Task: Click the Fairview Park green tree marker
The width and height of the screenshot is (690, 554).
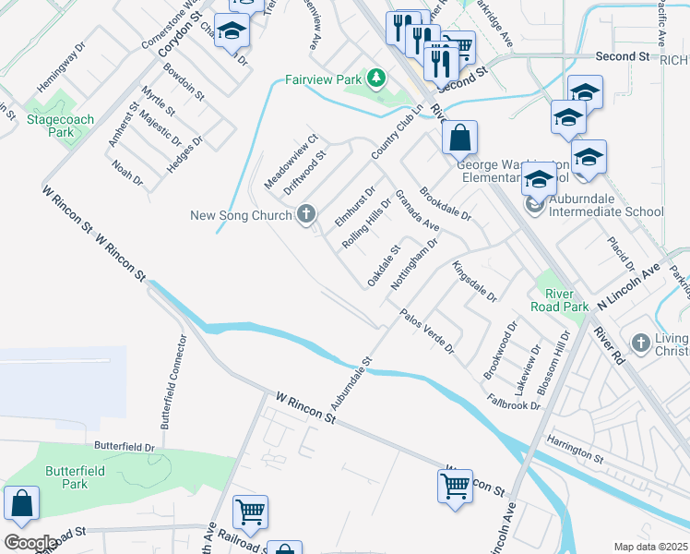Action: tap(375, 79)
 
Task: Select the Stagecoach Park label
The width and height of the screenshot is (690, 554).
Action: tap(62, 126)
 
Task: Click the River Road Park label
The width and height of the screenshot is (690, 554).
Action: tap(560, 299)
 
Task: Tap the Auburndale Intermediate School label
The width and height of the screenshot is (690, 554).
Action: tap(606, 204)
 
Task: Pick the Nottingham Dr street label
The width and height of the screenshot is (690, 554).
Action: tap(413, 262)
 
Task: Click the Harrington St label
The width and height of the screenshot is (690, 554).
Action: tap(573, 450)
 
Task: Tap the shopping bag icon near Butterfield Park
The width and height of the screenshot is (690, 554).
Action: tap(20, 504)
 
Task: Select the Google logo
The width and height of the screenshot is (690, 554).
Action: tap(30, 543)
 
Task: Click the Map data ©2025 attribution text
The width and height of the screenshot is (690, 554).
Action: tap(650, 547)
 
